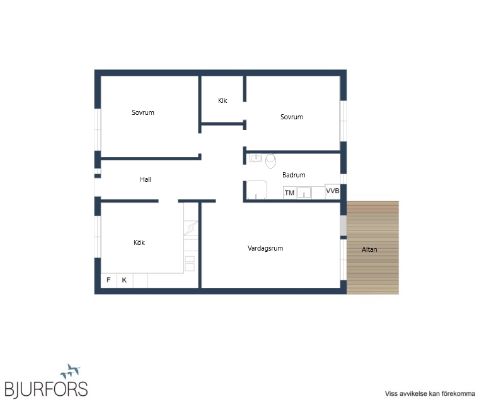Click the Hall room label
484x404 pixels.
(x=146, y=179)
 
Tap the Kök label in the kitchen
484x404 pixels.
(x=139, y=242)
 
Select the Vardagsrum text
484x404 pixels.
(x=265, y=248)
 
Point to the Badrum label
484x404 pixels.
(x=294, y=175)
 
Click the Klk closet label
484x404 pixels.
(x=222, y=100)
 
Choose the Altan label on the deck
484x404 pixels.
(x=369, y=249)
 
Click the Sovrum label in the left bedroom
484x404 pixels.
(x=142, y=112)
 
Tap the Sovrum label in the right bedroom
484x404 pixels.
(x=291, y=117)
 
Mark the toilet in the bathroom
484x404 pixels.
(x=270, y=161)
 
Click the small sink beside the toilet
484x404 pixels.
(x=256, y=158)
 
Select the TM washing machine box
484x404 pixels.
(x=289, y=193)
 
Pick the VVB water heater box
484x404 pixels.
(x=333, y=191)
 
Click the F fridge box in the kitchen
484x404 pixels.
(x=108, y=280)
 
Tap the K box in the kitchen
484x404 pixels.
(x=124, y=280)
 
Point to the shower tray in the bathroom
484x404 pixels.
(x=256, y=190)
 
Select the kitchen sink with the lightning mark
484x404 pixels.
(x=191, y=228)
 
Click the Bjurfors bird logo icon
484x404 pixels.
(x=71, y=371)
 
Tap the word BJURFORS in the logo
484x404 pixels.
(x=46, y=389)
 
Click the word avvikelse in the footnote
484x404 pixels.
(x=413, y=394)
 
